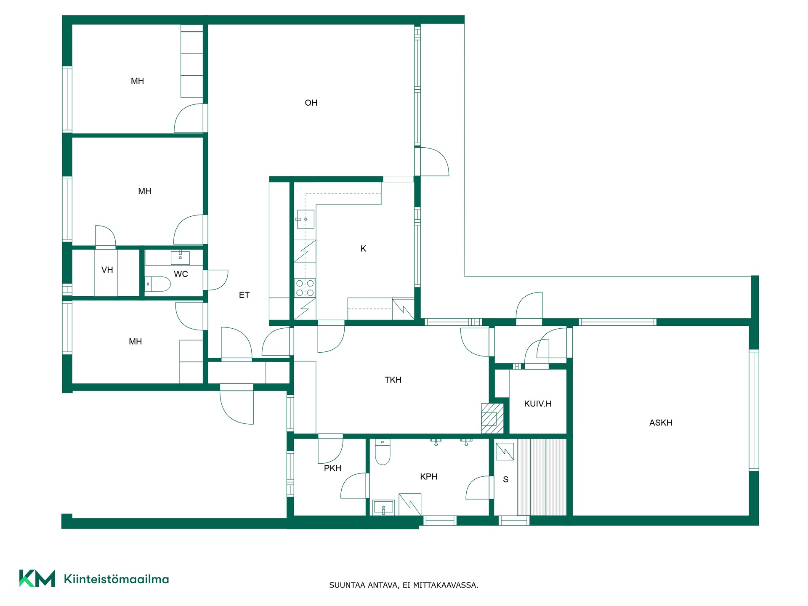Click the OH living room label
pyautogui.click(x=311, y=103)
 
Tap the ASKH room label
pyautogui.click(x=661, y=423)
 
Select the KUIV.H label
pyautogui.click(x=537, y=404)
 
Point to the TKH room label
pyautogui.click(x=393, y=380)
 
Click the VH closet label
pyautogui.click(x=107, y=270)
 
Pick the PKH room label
pyautogui.click(x=332, y=468)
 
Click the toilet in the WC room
pyautogui.click(x=158, y=284)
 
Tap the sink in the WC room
pyautogui.click(x=180, y=258)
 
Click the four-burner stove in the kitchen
pyautogui.click(x=305, y=288)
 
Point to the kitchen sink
pyautogui.click(x=305, y=219)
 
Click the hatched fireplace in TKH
pyautogui.click(x=492, y=418)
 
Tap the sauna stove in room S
pyautogui.click(x=505, y=452)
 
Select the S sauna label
pyautogui.click(x=505, y=479)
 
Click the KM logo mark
pyautogui.click(x=37, y=578)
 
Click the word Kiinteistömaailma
pyautogui.click(x=116, y=579)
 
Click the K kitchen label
pyautogui.click(x=363, y=249)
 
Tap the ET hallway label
pyautogui.click(x=244, y=295)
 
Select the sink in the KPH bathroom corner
pyautogui.click(x=383, y=507)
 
